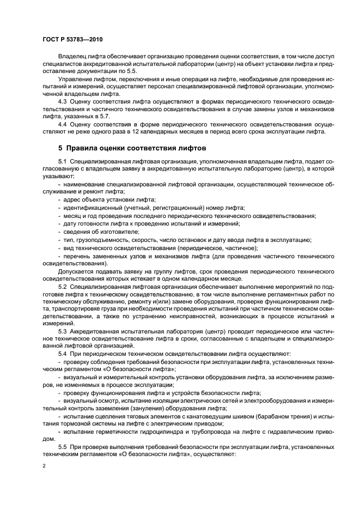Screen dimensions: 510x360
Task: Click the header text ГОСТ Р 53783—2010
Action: click(72, 40)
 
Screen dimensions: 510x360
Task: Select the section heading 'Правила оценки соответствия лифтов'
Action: click(137, 148)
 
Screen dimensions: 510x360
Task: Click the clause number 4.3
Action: click(64, 101)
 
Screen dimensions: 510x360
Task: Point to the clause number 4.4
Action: click(64, 124)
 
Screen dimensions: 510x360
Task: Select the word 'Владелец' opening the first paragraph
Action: click(73, 56)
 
